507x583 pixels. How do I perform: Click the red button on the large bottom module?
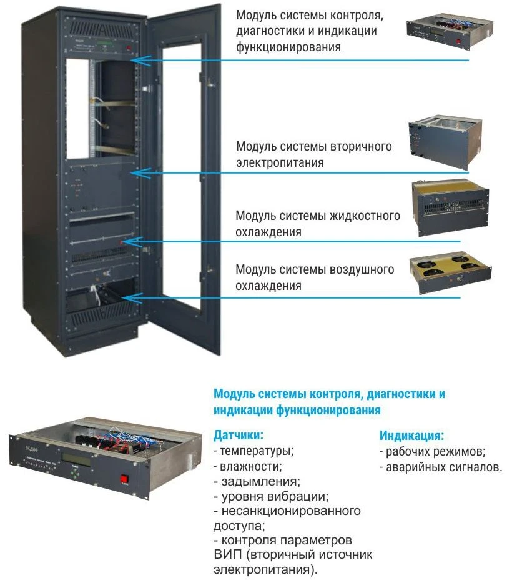click(x=124, y=479)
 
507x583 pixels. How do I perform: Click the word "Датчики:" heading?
click(x=239, y=435)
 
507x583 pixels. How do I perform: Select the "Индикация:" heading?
click(x=411, y=436)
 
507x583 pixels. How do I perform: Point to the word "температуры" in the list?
click(x=255, y=451)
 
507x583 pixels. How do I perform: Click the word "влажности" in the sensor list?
click(x=250, y=466)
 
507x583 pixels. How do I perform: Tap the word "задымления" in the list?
click(x=259, y=482)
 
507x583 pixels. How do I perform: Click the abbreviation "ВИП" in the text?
click(x=227, y=554)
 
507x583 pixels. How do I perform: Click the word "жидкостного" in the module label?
click(x=365, y=216)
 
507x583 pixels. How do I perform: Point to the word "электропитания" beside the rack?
click(x=280, y=163)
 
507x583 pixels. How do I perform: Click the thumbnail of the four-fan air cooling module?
click(x=451, y=274)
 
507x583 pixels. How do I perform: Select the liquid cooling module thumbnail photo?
click(x=451, y=207)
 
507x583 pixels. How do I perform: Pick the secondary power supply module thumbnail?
click(x=445, y=142)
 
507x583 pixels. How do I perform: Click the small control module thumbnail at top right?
click(x=450, y=31)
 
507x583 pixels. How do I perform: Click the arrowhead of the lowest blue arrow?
click(x=132, y=298)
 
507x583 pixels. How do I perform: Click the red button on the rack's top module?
click(x=129, y=47)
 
